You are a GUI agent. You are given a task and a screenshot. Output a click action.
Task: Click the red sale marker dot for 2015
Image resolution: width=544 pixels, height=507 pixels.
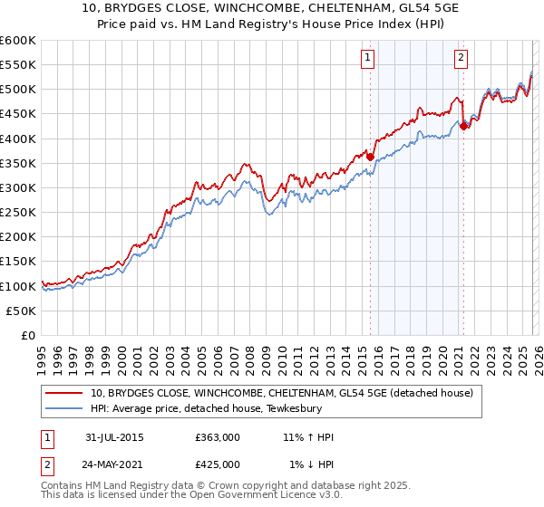coord(370,157)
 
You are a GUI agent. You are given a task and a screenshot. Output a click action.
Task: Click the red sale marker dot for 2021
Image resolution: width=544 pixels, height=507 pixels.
coord(463,127)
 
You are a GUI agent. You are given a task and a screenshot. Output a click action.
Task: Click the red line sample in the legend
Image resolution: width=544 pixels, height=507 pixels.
coord(65,393)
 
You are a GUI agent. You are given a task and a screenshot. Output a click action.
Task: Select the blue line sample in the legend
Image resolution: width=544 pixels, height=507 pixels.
coord(65,408)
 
